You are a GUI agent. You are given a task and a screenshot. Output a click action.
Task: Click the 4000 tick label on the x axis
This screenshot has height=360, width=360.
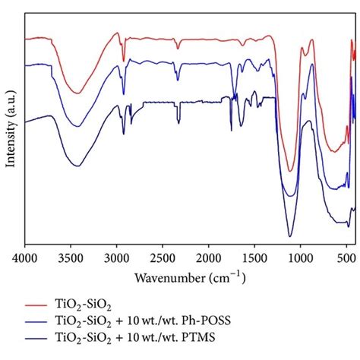coord(25,258)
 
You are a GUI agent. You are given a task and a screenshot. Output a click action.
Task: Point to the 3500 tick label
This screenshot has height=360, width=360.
coord(71,258)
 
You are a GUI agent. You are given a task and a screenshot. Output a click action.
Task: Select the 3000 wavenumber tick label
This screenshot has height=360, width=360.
coord(117,258)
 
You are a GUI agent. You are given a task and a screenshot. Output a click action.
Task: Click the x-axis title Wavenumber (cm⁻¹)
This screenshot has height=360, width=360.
coord(190,276)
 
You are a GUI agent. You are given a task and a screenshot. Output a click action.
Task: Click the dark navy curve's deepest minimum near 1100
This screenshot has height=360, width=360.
coord(290,236)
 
